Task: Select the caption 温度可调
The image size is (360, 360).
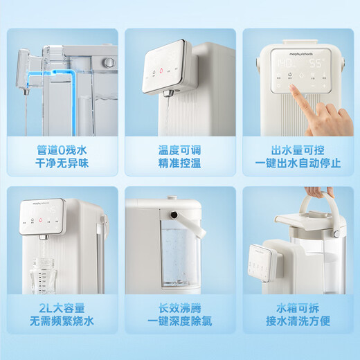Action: click(179, 150)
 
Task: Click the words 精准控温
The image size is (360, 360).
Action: click(179, 164)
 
